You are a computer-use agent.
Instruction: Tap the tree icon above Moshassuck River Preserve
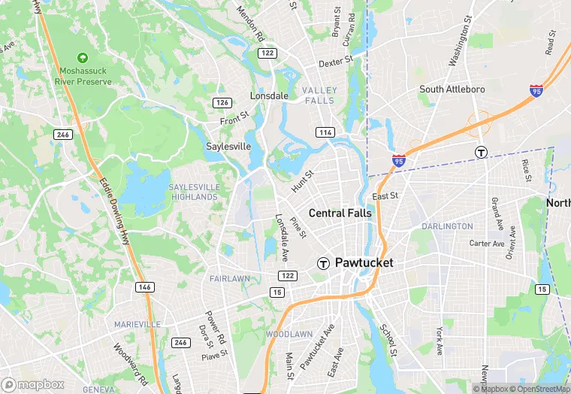(x=83, y=57)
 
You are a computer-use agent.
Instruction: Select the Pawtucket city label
(x=364, y=263)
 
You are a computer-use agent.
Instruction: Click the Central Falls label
(x=340, y=213)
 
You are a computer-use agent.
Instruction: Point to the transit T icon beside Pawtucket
(x=323, y=263)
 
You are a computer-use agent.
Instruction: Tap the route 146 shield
(x=144, y=286)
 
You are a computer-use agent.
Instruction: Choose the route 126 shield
(x=222, y=102)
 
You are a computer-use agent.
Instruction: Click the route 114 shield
(x=325, y=132)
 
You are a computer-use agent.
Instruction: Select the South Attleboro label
(x=452, y=89)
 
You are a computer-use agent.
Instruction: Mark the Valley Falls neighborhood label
(x=319, y=95)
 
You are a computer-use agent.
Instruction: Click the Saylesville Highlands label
(x=193, y=192)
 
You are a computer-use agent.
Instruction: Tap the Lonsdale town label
(x=269, y=96)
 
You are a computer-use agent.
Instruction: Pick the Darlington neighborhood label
(x=447, y=226)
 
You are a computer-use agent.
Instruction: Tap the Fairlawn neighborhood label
(x=231, y=278)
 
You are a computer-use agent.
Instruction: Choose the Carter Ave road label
(x=487, y=244)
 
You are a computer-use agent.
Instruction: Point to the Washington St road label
(x=460, y=41)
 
